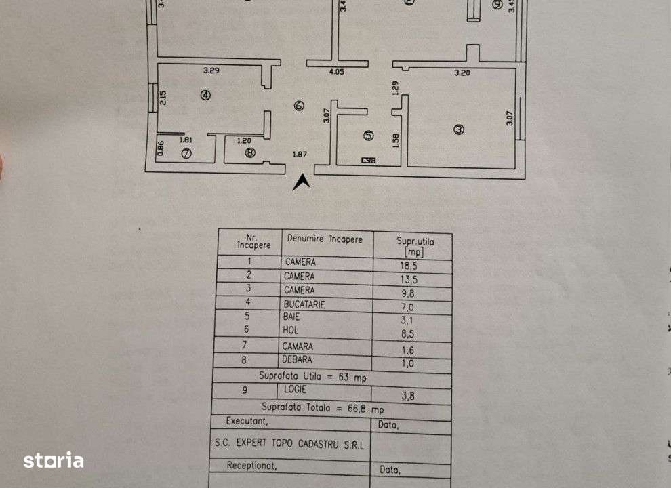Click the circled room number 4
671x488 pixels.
point(205,96)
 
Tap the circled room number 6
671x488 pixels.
point(299,105)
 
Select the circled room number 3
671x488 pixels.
point(459,129)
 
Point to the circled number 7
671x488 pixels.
point(186,154)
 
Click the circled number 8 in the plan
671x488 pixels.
point(250,153)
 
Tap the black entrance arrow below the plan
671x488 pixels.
point(302,182)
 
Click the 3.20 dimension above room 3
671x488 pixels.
point(462,73)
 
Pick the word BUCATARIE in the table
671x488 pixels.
point(304,304)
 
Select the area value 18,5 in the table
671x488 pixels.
point(411,264)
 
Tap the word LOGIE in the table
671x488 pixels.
point(296,390)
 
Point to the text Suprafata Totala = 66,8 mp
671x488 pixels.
point(322,408)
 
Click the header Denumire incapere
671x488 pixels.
point(325,239)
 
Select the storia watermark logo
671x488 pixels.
point(54,461)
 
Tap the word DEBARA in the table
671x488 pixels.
point(299,359)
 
